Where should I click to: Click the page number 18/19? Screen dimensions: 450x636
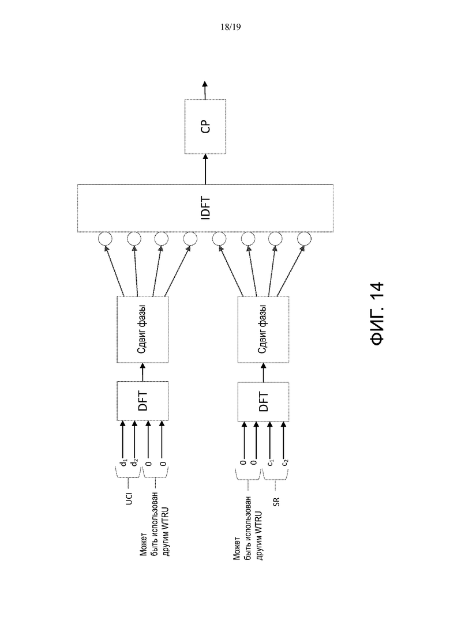pyautogui.click(x=230, y=27)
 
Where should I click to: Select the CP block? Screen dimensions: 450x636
pyautogui.click(x=205, y=126)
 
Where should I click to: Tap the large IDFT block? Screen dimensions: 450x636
pyautogui.click(x=205, y=208)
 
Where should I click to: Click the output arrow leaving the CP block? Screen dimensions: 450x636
pyautogui.click(x=205, y=90)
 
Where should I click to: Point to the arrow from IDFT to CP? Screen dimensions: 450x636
pyautogui.click(x=205, y=169)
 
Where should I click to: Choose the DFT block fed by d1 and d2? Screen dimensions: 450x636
pyautogui.click(x=143, y=401)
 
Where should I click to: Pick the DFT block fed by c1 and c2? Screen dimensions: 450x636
pyautogui.click(x=263, y=401)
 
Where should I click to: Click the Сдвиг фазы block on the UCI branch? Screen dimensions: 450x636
pyautogui.click(x=143, y=329)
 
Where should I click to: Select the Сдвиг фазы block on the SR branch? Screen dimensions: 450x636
pyautogui.click(x=263, y=329)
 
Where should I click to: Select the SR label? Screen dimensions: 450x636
pyautogui.click(x=276, y=502)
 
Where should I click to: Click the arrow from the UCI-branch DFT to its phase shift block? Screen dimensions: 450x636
pyautogui.click(x=143, y=372)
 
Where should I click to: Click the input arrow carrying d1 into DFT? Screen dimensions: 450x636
pyautogui.click(x=122, y=438)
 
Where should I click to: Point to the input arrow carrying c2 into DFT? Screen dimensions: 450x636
pyautogui.click(x=283, y=438)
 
